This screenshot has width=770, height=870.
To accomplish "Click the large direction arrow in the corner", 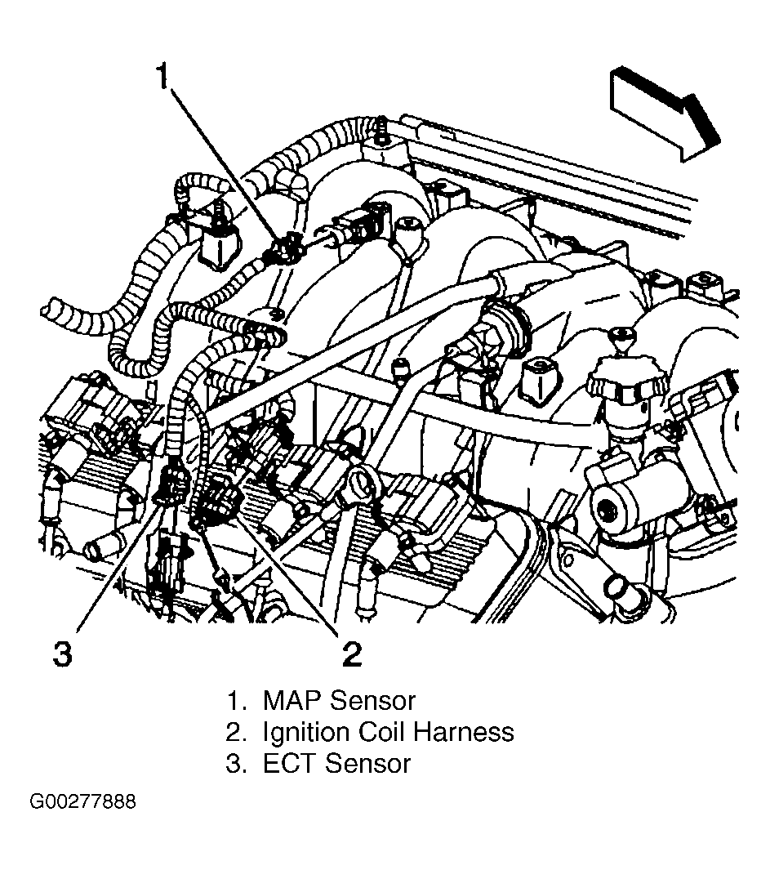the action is click(x=665, y=114).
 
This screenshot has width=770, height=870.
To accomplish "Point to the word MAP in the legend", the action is click(x=292, y=700).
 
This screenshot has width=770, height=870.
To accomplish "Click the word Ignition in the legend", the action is click(x=307, y=733).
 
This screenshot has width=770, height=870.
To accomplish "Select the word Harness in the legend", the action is click(x=464, y=732).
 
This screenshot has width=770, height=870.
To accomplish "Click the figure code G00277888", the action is click(x=82, y=801).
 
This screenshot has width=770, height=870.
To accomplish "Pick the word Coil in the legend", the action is click(x=382, y=732).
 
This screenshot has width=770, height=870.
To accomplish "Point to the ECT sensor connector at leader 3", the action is click(x=173, y=484).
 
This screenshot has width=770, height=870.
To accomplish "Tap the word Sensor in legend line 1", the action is click(x=373, y=700).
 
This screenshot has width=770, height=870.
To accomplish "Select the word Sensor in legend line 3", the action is click(x=367, y=763).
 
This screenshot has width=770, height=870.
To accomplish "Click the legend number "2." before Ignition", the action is click(x=236, y=732).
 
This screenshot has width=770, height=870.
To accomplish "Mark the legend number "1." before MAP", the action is click(x=236, y=700).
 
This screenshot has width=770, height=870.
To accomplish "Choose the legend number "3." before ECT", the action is click(x=236, y=763).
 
